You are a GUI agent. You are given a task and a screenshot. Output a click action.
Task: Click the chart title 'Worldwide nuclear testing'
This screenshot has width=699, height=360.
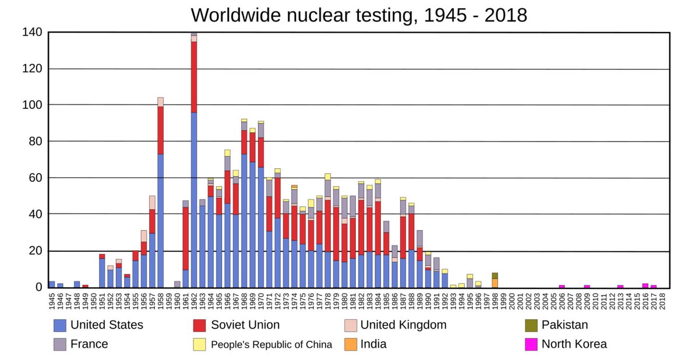click(359, 15)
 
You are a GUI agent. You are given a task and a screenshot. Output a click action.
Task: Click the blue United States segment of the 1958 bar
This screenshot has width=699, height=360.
click(160, 221)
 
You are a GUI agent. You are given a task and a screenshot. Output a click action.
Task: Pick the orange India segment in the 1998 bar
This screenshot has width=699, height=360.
click(495, 283)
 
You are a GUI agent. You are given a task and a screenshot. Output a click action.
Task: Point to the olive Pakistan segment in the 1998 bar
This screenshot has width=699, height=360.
click(495, 276)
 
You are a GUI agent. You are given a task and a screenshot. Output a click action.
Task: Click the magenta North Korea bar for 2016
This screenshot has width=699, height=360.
click(645, 285)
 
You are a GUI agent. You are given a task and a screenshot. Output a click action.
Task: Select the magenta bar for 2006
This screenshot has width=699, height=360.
click(562, 286)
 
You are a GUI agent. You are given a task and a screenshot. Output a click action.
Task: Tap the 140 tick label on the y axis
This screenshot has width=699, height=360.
click(32, 33)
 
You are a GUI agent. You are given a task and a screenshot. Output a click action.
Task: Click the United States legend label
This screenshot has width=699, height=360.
click(107, 325)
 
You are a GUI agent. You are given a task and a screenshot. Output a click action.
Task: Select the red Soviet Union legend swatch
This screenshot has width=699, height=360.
click(200, 325)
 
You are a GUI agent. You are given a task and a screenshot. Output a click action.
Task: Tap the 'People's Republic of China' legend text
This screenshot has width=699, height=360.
click(271, 344)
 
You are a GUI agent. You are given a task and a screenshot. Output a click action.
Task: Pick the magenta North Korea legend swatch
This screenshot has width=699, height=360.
click(531, 344)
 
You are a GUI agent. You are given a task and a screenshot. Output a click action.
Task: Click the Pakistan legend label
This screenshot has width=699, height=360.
click(564, 325)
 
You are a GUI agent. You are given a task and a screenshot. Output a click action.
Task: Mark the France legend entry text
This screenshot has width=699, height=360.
click(89, 344)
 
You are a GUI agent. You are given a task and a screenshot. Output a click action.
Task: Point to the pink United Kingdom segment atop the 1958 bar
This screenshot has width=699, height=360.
click(160, 102)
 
